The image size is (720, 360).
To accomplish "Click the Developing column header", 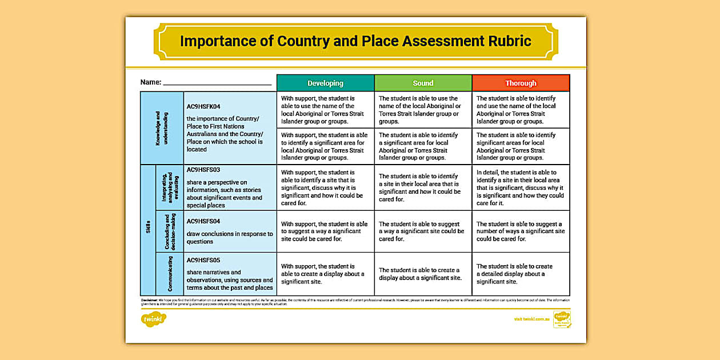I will coord(325,83).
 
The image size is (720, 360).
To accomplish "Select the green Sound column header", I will coord(423,83).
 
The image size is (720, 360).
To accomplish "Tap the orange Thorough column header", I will coord(521,83).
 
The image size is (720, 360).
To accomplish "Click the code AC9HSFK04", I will coord(203,106).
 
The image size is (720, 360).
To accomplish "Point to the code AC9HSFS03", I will coord(203,170).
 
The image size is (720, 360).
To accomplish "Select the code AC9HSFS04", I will coord(203,221).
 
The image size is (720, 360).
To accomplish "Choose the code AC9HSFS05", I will coord(203,260).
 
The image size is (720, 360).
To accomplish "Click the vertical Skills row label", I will coord(148,230).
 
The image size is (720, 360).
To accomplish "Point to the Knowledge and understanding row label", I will coord(162,128).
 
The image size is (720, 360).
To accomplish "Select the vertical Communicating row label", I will coord(170,274).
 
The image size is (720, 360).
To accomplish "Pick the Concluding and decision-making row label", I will coord(170,231).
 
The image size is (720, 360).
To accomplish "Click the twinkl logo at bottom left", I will coord(153,319).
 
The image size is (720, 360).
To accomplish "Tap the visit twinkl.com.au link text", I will coord(531,319).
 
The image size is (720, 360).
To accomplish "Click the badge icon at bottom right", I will coord(562,319).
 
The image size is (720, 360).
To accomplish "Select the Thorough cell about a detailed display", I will coord(521,274).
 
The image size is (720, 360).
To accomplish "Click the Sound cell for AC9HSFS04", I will coord(423,231).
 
